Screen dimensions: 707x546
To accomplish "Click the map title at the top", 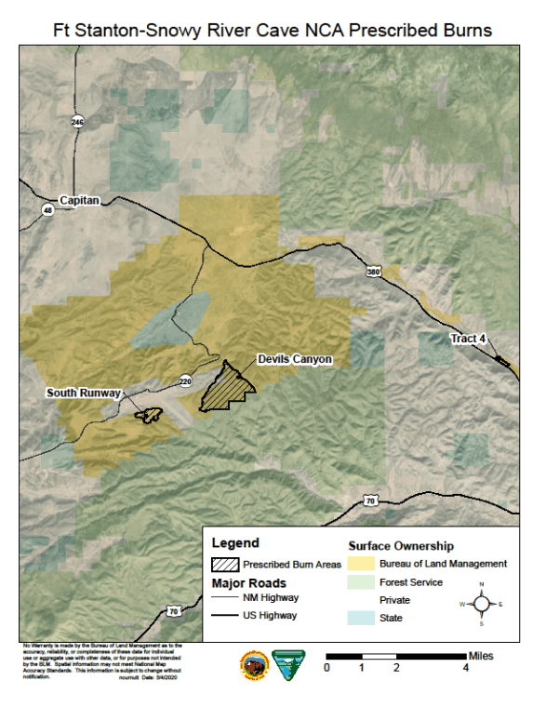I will [273, 30].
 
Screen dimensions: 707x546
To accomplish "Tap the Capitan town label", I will [78, 200].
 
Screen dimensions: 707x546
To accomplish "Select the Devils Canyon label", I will [294, 359].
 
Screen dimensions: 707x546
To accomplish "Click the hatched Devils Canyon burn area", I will [226, 390].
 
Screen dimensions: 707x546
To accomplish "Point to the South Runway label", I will [84, 394].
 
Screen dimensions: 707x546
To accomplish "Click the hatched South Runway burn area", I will [147, 415].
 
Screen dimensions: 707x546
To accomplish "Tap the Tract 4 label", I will [468, 339].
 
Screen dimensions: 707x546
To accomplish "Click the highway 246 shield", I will [77, 122].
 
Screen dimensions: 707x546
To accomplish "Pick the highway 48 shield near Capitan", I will [47, 210].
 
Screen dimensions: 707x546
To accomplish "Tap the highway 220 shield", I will [185, 380].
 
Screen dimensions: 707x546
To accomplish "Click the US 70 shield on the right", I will [370, 500].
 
